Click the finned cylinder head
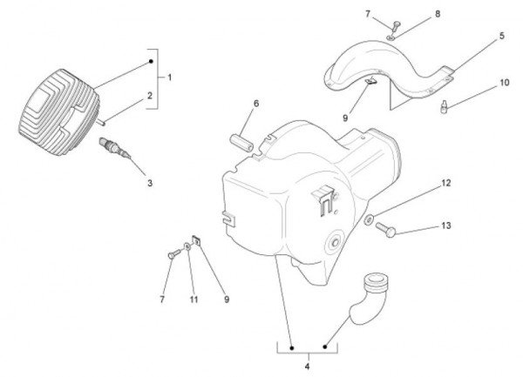[x=58, y=112]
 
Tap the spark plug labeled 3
[x=115, y=148]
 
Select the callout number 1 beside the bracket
[x=170, y=77]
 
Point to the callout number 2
[x=150, y=96]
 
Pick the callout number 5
[x=502, y=36]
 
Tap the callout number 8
[x=438, y=14]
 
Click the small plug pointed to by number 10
[x=444, y=106]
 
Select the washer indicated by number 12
[x=369, y=219]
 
